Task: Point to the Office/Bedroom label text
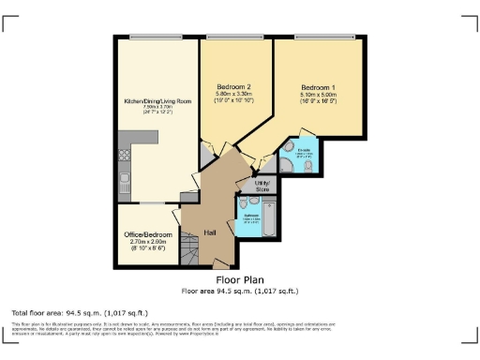pos(148,233)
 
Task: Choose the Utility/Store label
pos(262,186)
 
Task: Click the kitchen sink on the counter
pos(124,181)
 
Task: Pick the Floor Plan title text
pos(239,279)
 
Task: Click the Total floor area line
pos(80,312)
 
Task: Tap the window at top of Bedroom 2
pos(238,37)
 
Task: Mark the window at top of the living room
pos(156,37)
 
